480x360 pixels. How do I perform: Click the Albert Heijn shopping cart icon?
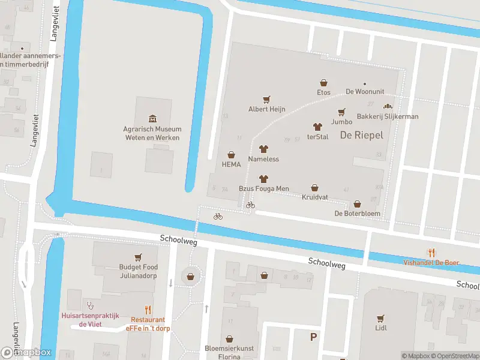point(266,100)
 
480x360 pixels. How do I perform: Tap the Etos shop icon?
point(323,83)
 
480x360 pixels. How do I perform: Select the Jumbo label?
point(341,122)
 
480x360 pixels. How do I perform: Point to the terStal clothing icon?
point(317,127)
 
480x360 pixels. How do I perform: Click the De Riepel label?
point(361,136)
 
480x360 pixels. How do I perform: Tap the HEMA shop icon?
point(231,155)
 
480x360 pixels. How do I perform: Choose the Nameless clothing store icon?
point(263,149)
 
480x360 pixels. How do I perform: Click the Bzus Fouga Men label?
point(264,189)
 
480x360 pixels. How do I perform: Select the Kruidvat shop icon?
point(314,188)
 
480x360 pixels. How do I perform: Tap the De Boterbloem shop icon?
point(358,204)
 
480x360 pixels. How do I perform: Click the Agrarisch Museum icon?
point(152,119)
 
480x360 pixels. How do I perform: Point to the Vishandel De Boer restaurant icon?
point(431,253)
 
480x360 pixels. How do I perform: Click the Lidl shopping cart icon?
point(380,318)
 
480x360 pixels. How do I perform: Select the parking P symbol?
point(313,337)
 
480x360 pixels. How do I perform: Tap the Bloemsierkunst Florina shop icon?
point(229,339)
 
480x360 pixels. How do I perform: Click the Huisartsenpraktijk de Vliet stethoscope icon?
point(91,304)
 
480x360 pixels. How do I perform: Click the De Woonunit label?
point(364,92)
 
